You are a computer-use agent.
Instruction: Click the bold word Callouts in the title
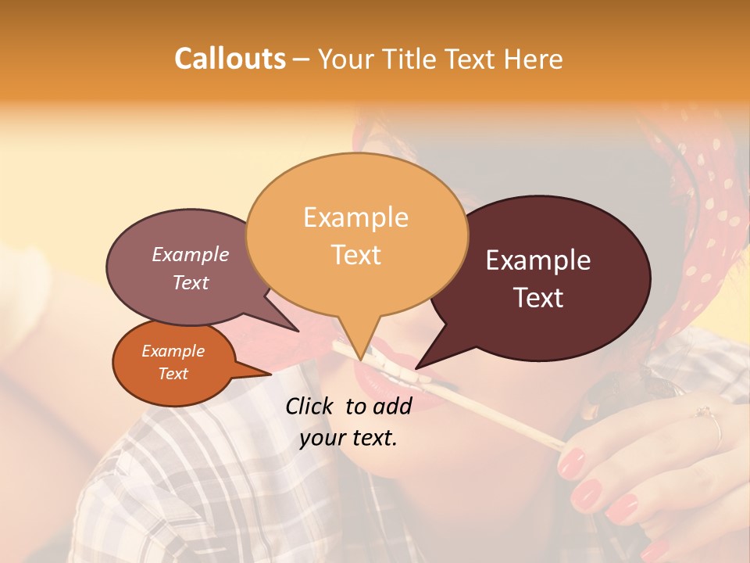tap(230, 59)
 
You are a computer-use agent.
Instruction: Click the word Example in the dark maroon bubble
tap(538, 260)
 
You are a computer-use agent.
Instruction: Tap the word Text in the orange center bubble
tap(356, 255)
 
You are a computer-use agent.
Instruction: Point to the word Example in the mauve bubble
tap(191, 254)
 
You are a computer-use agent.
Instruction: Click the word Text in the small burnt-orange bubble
tap(173, 374)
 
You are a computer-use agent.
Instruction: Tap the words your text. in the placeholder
tap(348, 438)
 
